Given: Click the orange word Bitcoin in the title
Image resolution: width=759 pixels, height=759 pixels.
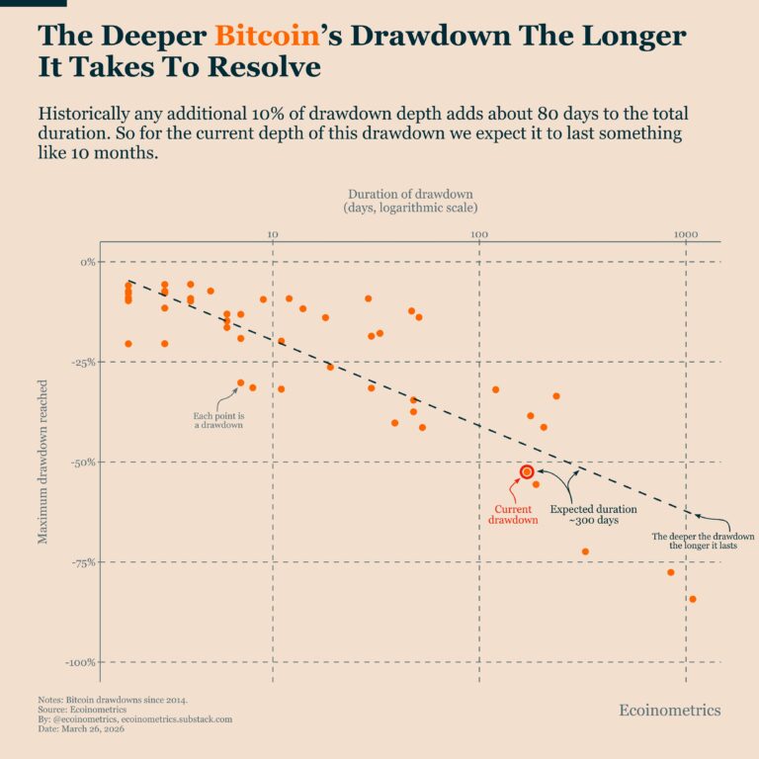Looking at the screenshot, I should coord(268,37).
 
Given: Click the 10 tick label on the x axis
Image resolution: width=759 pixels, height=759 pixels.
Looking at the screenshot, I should coord(274,233).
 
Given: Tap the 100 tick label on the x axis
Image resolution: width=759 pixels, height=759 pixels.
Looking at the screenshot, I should coord(479,233).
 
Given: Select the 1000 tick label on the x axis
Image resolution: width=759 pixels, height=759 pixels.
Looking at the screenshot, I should coord(685,233).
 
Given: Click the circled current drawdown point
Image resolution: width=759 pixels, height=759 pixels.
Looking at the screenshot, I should coord(527,472).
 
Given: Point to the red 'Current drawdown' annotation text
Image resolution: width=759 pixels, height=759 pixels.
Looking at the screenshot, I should coord(514,515).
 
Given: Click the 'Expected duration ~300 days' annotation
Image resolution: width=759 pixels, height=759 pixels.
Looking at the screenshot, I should coord(593,515).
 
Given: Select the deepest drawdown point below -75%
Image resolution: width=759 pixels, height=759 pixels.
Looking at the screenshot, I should coord(693,599).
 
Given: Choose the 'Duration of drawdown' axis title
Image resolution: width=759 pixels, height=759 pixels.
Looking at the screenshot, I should coord(410,202).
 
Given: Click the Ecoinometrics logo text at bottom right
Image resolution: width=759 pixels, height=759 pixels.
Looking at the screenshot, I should coord(669,711).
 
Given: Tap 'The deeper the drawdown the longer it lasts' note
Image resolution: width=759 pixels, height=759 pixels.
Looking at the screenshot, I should coord(703,541).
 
